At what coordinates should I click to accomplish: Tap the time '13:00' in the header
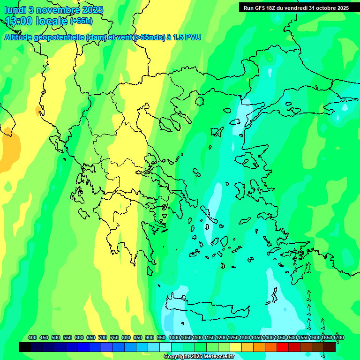pos(19,21)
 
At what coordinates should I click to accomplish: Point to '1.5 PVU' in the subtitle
pos(187,37)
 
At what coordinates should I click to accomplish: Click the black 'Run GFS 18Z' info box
pos(296,7)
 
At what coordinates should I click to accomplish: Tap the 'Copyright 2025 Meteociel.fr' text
pos(199,356)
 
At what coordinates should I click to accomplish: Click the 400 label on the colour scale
pos(32,337)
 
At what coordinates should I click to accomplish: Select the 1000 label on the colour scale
pos(174,337)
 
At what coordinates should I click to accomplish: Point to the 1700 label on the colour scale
pos(338,337)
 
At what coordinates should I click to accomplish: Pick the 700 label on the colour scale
pos(103,337)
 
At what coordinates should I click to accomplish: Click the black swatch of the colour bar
pos(25,347)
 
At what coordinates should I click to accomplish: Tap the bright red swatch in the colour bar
pos(283,347)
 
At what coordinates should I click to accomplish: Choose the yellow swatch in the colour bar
pos(236,347)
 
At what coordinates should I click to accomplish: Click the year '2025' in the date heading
pos(92,10)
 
